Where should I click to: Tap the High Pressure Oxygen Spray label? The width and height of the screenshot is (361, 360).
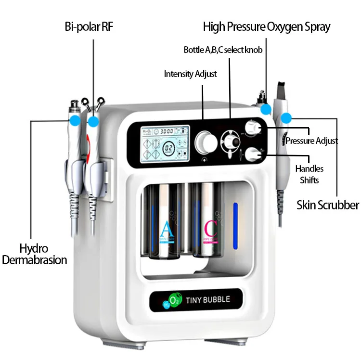pyautogui.click(x=266, y=26)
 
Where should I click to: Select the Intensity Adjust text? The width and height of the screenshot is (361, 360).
pyautogui.click(x=190, y=74)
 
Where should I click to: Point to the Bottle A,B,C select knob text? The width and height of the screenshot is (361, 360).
pyautogui.click(x=223, y=50)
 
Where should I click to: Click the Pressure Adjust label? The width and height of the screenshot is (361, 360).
pyautogui.click(x=311, y=141)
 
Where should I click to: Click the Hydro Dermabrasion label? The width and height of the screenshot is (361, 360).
pyautogui.click(x=34, y=255)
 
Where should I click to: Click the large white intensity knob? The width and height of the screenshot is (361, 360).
pyautogui.click(x=206, y=141)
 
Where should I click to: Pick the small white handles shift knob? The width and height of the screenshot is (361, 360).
pyautogui.click(x=252, y=154)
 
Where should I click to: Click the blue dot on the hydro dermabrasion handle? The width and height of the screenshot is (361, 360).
pyautogui.click(x=75, y=120)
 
